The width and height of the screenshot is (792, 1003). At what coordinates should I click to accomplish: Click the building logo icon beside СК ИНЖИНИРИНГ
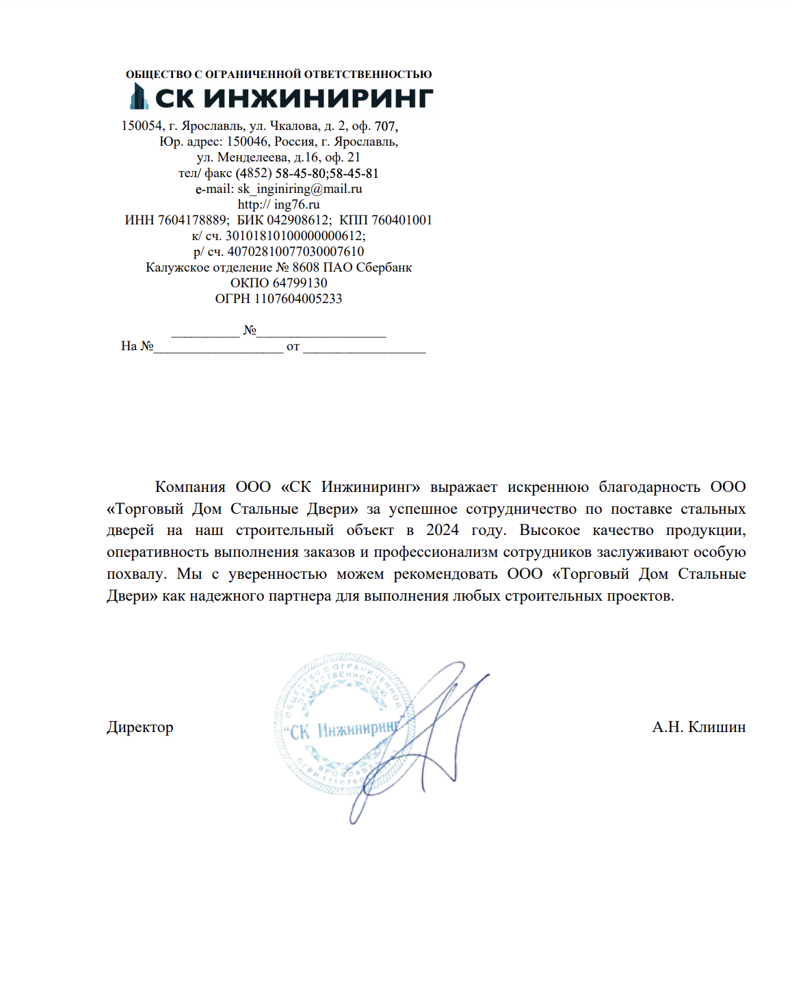pyautogui.click(x=139, y=96)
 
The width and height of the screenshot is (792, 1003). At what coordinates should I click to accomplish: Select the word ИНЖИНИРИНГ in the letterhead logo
pyautogui.click(x=319, y=99)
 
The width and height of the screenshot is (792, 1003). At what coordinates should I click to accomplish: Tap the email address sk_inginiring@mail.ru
pyautogui.click(x=300, y=189)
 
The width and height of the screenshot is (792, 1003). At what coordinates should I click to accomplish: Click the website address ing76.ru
pyautogui.click(x=297, y=205)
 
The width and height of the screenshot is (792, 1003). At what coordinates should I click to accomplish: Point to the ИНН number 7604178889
pyautogui.click(x=193, y=220)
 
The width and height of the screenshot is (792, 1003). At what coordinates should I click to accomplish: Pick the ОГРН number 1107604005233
pyautogui.click(x=298, y=299)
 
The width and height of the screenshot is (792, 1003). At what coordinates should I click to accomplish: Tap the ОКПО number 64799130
pyautogui.click(x=300, y=283)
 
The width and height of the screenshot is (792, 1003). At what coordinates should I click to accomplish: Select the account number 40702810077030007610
pyautogui.click(x=295, y=252)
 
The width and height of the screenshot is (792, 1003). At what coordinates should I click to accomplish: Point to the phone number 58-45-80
pyautogui.click(x=301, y=174)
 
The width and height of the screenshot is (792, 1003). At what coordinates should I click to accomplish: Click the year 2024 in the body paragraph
pyautogui.click(x=442, y=530)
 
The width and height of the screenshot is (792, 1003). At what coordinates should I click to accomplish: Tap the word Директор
pyautogui.click(x=140, y=727)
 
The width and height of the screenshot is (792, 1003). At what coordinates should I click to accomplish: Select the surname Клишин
pyautogui.click(x=717, y=727)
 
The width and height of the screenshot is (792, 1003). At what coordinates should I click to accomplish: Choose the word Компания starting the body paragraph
pyautogui.click(x=190, y=487)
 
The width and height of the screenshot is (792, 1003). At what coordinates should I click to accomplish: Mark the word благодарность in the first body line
pyautogui.click(x=649, y=487)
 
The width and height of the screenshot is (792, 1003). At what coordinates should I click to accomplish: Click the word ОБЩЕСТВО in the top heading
pyautogui.click(x=158, y=75)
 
